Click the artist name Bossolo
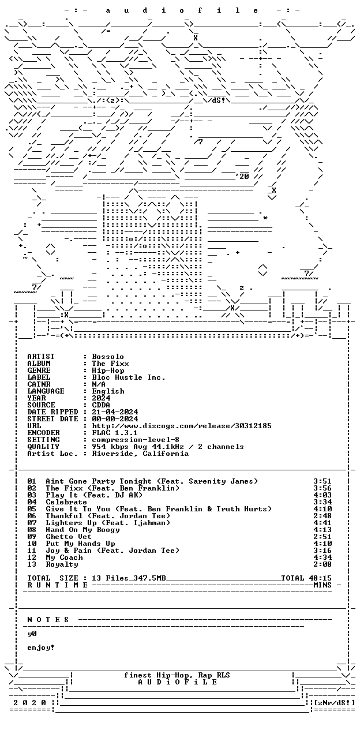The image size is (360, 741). click(x=108, y=357)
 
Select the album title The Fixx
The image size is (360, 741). click(x=110, y=364)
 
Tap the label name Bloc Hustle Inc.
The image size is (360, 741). click(x=128, y=377)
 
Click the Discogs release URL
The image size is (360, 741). click(x=182, y=426)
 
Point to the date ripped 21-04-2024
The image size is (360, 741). click(x=115, y=412)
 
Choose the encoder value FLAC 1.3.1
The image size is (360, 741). click(x=115, y=433)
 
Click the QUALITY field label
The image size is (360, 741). click(x=43, y=447)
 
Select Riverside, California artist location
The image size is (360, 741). click(x=140, y=454)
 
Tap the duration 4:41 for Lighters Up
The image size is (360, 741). click(x=322, y=523)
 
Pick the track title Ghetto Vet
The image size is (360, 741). click(x=69, y=537)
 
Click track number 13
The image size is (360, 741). click(x=32, y=564)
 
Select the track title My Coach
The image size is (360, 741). click(x=64, y=557)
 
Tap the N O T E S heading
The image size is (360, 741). click(x=48, y=620)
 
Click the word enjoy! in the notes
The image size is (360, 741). click(x=40, y=648)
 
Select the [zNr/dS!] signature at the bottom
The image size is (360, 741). click(x=334, y=702)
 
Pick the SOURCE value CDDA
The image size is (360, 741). click(x=101, y=405)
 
